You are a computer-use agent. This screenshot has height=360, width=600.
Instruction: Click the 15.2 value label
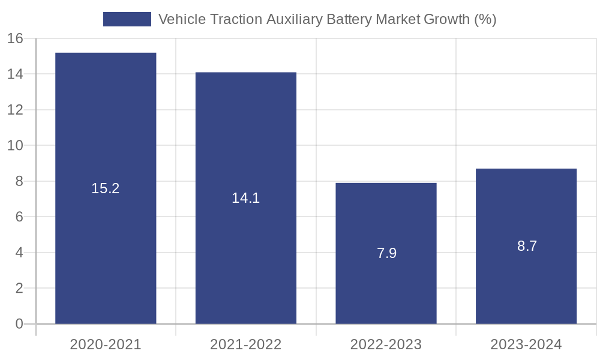[x=106, y=188]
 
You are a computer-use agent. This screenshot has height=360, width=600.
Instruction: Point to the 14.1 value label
[x=246, y=198]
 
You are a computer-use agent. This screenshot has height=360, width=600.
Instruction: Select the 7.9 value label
[x=387, y=253]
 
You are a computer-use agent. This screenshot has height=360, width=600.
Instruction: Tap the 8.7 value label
[x=527, y=246]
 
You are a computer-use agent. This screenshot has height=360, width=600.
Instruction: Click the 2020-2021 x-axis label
[x=106, y=344]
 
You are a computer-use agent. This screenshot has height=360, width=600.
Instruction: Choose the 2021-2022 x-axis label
[x=246, y=344]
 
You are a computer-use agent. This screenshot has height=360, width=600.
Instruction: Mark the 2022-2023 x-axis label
[x=386, y=344]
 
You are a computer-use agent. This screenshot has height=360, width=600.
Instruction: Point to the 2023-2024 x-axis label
[x=526, y=344]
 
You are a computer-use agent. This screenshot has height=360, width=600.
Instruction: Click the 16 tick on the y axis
[x=15, y=39]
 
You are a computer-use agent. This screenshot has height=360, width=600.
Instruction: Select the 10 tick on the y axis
[x=15, y=146]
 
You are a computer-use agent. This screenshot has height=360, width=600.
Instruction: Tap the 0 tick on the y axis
[x=19, y=324]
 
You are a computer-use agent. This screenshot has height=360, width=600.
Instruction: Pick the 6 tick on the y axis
[x=19, y=217]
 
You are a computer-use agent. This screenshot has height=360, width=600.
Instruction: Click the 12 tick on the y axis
[x=15, y=110]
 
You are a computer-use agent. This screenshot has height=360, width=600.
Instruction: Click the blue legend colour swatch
[x=127, y=19]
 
